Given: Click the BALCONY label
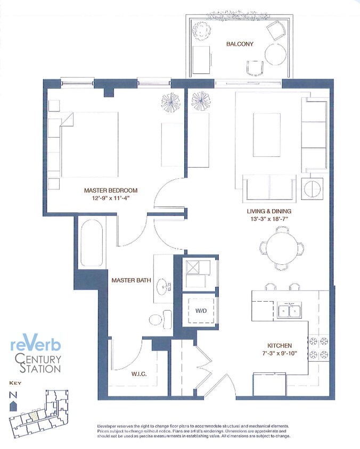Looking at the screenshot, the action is click(x=240, y=44).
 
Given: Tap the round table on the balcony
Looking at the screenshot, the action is click(x=275, y=54).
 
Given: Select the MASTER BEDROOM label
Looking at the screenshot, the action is click(x=111, y=190).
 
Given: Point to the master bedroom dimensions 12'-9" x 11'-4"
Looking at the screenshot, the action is click(x=111, y=198).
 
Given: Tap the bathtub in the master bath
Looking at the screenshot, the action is click(x=92, y=243).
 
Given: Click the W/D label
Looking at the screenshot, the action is click(x=201, y=310).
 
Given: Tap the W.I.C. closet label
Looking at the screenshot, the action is click(x=139, y=374).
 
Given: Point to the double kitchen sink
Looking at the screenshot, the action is click(x=290, y=311).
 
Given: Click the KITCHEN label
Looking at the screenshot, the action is click(x=280, y=346).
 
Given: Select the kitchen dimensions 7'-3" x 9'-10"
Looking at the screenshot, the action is click(x=280, y=353).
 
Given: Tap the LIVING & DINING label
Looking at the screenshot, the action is click(x=269, y=211).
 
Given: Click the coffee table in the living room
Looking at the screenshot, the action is click(x=267, y=135).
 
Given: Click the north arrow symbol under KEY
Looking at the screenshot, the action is click(x=13, y=406).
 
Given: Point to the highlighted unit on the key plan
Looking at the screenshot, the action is click(x=34, y=416).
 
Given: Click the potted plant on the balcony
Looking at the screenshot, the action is click(x=202, y=29).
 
